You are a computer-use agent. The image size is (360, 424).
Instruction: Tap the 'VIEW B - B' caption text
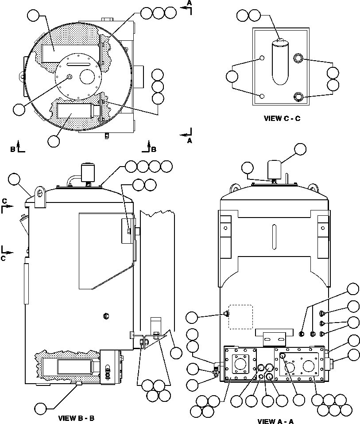point(76,418)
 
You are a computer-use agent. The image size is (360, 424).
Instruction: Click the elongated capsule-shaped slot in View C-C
point(279,62)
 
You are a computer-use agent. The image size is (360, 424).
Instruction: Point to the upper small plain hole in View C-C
point(262,58)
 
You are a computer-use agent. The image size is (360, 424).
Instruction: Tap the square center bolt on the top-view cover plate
point(69,78)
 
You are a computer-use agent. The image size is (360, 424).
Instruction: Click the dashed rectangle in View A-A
point(240,316)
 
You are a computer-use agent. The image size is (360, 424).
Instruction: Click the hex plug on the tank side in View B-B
point(106,315)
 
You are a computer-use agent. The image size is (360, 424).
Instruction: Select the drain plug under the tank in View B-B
point(78,383)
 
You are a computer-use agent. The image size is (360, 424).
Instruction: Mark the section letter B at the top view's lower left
point(13,149)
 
